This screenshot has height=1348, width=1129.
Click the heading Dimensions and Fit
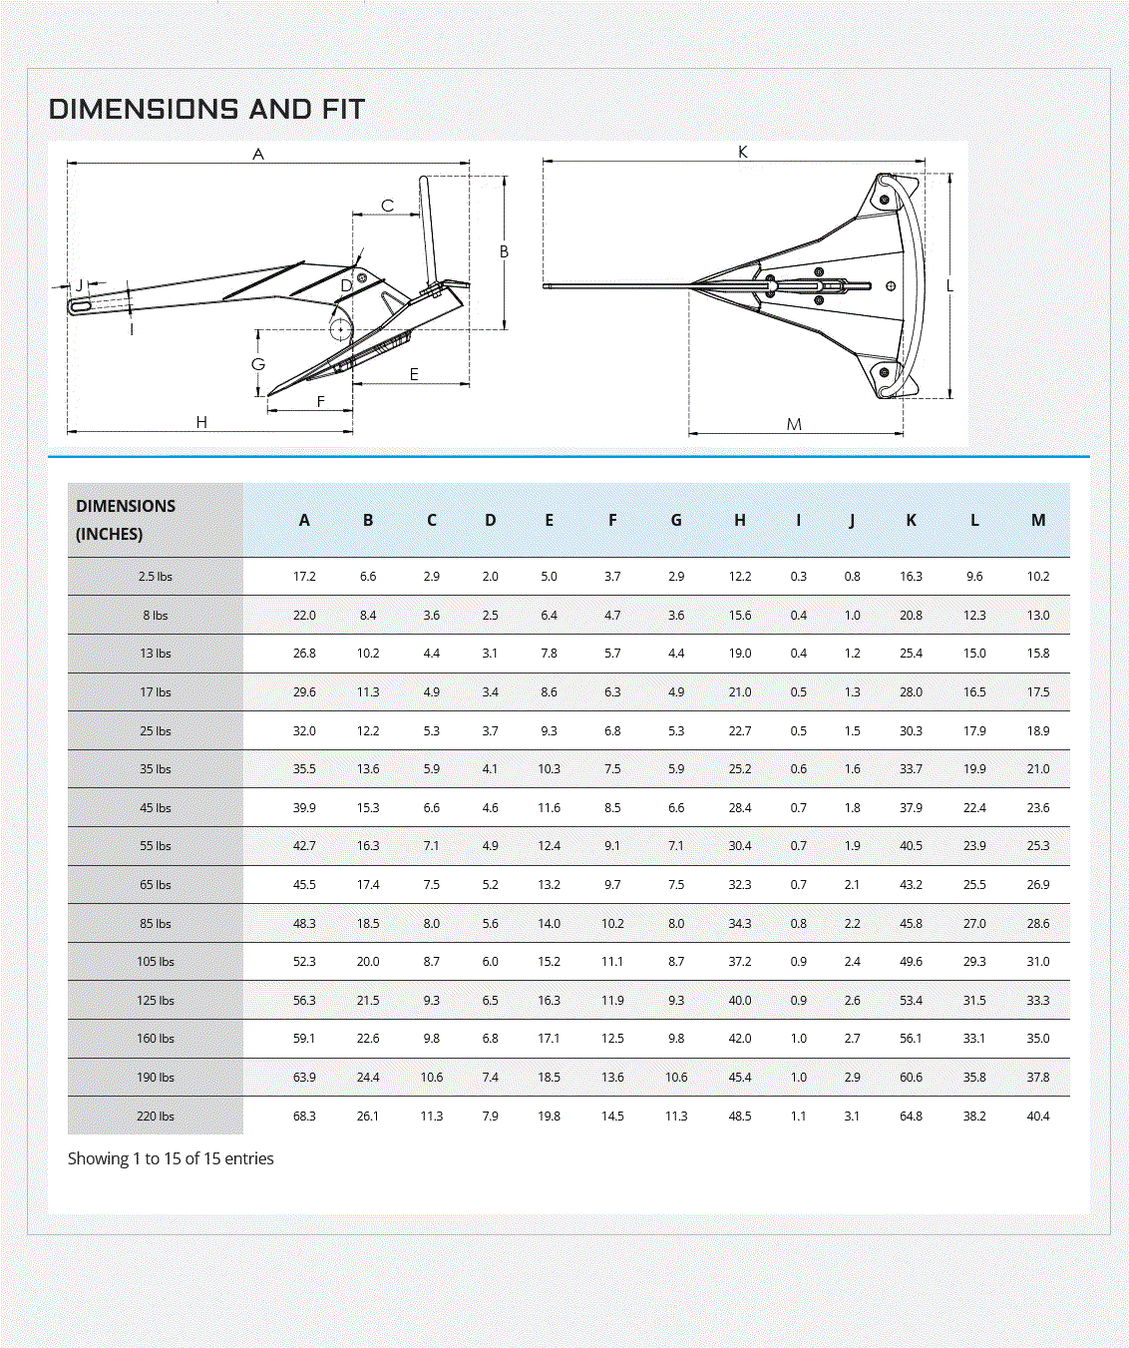[x=206, y=109]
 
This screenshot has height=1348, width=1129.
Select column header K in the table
[x=911, y=520]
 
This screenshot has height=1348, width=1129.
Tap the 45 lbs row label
[x=156, y=808]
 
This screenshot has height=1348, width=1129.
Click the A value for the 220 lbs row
[x=304, y=1117]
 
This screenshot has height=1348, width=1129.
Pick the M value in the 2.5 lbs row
[x=1038, y=577]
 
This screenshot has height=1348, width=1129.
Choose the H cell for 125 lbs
[x=739, y=1001]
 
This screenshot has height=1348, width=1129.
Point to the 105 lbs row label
[x=156, y=962]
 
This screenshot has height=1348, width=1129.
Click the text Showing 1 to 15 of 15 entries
[x=171, y=1158]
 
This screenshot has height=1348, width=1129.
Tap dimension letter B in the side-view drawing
[x=504, y=252]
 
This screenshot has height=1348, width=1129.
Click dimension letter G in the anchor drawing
[x=258, y=364]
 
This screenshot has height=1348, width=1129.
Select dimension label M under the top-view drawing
[x=794, y=425]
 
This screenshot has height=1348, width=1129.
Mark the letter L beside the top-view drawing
[x=949, y=286]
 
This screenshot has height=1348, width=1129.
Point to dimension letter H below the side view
[x=201, y=423]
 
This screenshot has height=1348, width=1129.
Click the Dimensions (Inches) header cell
[x=126, y=520]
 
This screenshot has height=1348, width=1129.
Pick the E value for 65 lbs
[x=549, y=885]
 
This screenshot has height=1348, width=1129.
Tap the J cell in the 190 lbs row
[x=852, y=1078]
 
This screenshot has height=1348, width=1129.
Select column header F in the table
[x=612, y=520]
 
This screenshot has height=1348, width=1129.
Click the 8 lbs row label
[x=156, y=616]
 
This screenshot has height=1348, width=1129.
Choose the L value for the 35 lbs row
[x=974, y=769]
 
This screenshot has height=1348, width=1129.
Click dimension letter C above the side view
[x=387, y=207]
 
